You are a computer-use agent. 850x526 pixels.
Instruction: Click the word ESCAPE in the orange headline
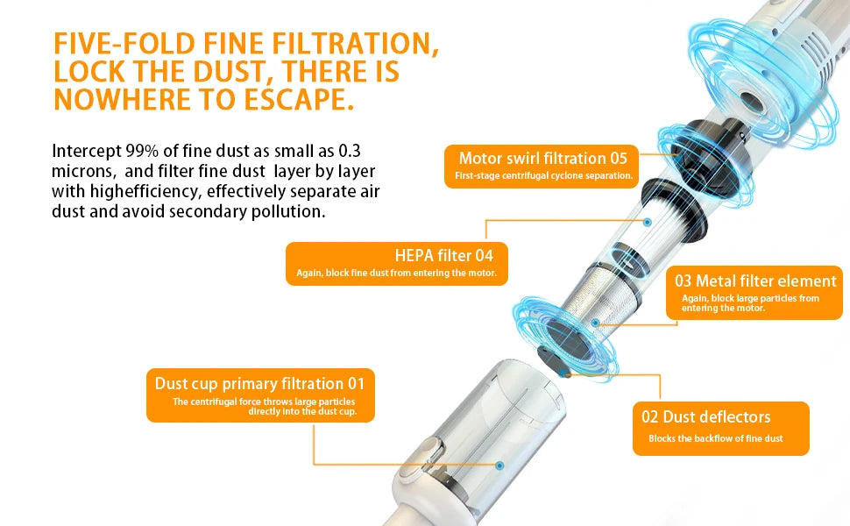tap(298, 99)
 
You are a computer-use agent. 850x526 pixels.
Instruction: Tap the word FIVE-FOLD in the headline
tap(124, 43)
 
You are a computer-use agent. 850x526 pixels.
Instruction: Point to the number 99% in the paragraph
tap(142, 151)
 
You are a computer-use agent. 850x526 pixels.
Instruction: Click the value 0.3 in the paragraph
tap(350, 151)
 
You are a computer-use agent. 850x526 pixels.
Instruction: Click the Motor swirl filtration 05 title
tap(542, 159)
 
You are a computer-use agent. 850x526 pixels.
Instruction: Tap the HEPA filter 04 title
tap(444, 255)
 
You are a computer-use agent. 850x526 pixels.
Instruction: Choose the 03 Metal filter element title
tap(755, 281)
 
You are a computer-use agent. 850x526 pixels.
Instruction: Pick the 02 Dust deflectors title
tap(705, 417)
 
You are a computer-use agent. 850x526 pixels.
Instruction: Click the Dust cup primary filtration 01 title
tap(259, 384)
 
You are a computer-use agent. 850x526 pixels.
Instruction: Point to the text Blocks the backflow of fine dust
tap(716, 438)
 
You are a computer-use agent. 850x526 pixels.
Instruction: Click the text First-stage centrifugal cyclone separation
tap(543, 175)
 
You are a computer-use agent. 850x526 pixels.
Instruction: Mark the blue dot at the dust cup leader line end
tap(499, 466)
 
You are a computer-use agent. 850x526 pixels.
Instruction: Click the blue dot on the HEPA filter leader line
tap(648, 222)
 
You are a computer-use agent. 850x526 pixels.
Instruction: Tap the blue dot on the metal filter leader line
tap(595, 323)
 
